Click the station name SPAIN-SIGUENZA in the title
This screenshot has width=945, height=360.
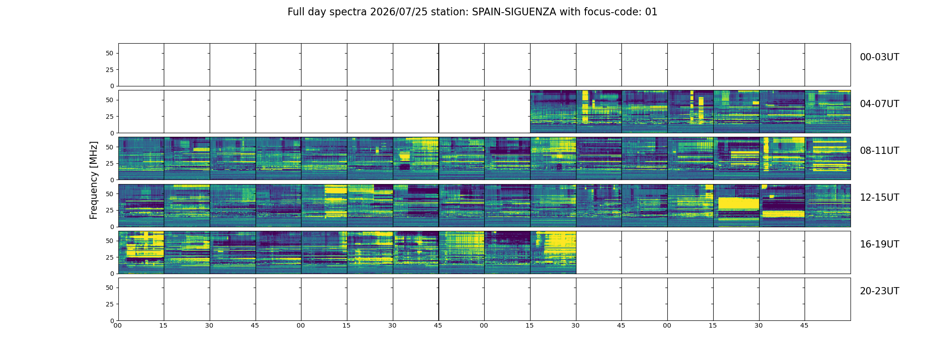(514, 12)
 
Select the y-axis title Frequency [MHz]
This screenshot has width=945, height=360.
(94, 180)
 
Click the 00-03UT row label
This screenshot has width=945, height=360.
(879, 57)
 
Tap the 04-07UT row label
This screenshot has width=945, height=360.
(879, 104)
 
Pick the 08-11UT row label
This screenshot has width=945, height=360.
(879, 151)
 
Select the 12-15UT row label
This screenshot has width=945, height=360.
(879, 198)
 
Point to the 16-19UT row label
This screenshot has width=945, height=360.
(879, 244)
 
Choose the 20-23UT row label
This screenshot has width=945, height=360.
(879, 291)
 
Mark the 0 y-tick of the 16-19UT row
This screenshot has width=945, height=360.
(112, 274)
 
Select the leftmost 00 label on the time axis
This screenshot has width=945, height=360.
(117, 325)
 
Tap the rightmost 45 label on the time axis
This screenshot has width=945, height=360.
(804, 325)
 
